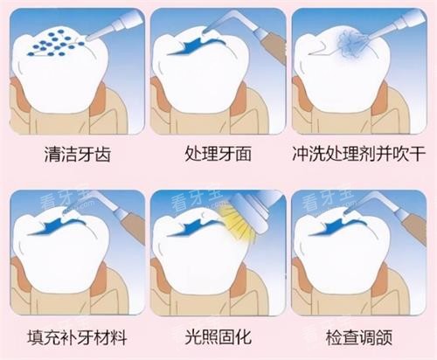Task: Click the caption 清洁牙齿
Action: (76, 156)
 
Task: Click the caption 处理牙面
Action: (218, 156)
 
